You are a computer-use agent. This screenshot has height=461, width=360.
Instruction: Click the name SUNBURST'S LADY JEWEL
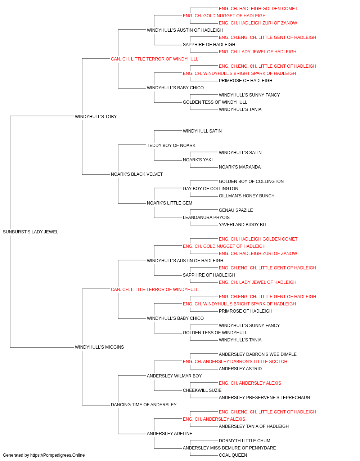31,232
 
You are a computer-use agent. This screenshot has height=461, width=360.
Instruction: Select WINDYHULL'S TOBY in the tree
96,117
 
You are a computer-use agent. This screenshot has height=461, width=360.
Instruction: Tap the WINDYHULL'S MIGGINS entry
99,347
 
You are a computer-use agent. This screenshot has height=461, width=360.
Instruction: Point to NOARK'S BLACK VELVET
136,174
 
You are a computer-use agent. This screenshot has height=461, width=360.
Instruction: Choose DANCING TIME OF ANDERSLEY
144,405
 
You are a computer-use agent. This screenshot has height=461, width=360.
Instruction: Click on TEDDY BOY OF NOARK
171,146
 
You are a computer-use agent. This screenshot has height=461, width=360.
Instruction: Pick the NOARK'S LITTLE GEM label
170,203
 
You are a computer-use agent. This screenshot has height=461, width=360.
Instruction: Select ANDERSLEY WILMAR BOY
174,376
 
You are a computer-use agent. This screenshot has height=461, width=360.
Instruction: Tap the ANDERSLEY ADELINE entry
170,434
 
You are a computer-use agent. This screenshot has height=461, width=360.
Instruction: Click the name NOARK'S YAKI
198,160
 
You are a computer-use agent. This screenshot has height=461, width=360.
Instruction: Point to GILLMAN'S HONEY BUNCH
247,196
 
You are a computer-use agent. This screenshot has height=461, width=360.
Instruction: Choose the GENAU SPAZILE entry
236,210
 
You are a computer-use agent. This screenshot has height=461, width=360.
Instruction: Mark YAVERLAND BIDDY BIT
243,225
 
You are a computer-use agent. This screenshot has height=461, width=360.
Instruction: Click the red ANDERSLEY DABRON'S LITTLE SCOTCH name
235,362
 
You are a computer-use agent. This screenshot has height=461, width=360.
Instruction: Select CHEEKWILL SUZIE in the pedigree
202,390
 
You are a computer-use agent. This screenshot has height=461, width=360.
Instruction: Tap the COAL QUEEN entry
233,455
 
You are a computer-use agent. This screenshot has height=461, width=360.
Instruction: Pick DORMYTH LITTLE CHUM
244,441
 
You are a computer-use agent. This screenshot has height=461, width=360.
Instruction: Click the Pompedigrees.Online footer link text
57,455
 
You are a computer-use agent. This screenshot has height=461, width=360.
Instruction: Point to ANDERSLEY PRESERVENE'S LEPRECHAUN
264,398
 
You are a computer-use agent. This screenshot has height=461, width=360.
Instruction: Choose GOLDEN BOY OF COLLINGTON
251,182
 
